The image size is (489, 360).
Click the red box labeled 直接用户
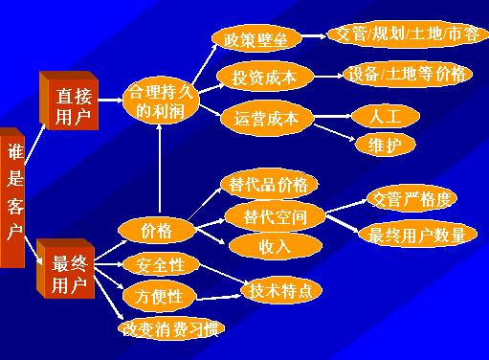point(69,101)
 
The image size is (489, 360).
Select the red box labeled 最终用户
point(66,270)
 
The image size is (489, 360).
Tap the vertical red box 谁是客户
point(12,198)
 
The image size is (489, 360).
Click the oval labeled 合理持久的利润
point(161,101)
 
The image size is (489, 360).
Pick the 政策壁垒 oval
point(256,39)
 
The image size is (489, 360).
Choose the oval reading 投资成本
point(265,77)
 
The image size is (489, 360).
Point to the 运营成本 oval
point(267,119)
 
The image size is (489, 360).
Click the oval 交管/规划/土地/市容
point(408,34)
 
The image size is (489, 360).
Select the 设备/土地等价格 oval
point(408,75)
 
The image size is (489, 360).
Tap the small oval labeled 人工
point(385,116)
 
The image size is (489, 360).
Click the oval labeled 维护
point(385,146)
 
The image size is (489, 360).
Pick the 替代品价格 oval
point(269,185)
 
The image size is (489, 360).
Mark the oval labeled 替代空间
point(275,216)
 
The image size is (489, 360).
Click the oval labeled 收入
point(275,246)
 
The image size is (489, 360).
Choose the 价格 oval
point(156,230)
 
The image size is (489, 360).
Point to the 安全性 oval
point(161,265)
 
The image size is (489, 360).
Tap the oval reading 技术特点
point(281,291)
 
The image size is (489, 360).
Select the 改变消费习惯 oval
point(171,329)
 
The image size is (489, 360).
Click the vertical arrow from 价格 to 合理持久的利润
point(159,169)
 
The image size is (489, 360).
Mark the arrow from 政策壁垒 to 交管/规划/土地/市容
point(314,35)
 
